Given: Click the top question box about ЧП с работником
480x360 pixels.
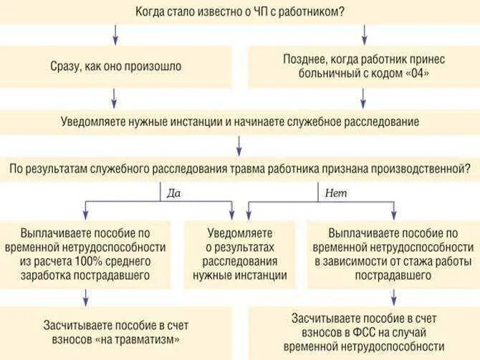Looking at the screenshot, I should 239,11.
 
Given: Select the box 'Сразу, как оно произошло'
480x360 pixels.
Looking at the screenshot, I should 116,66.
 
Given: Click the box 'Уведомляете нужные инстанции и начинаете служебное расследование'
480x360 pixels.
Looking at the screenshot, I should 239,122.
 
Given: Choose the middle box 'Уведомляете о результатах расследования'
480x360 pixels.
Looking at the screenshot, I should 240,254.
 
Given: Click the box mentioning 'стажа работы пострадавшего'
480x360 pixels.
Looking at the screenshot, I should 393,254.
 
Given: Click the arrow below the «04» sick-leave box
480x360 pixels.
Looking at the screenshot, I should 365,97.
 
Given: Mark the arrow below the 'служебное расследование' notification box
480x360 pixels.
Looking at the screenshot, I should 239,145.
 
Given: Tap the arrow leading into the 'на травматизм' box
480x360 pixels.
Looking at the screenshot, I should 86,297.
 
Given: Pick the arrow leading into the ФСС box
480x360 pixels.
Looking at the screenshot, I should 392,297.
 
